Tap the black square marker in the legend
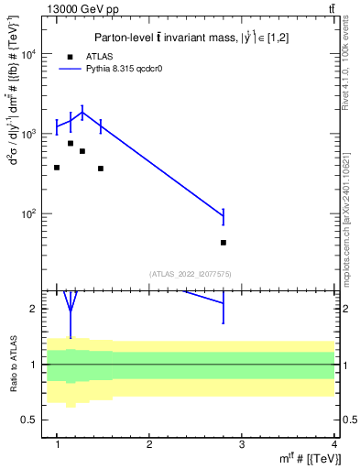coord(70,56)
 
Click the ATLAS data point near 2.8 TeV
coord(224,243)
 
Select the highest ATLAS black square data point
coord(71,143)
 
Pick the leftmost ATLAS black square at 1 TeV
coord(57,168)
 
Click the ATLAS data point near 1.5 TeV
coord(101,169)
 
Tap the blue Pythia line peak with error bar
coord(82,113)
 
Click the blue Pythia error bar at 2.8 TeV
coord(224,216)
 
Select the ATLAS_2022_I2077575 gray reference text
coord(190,273)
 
